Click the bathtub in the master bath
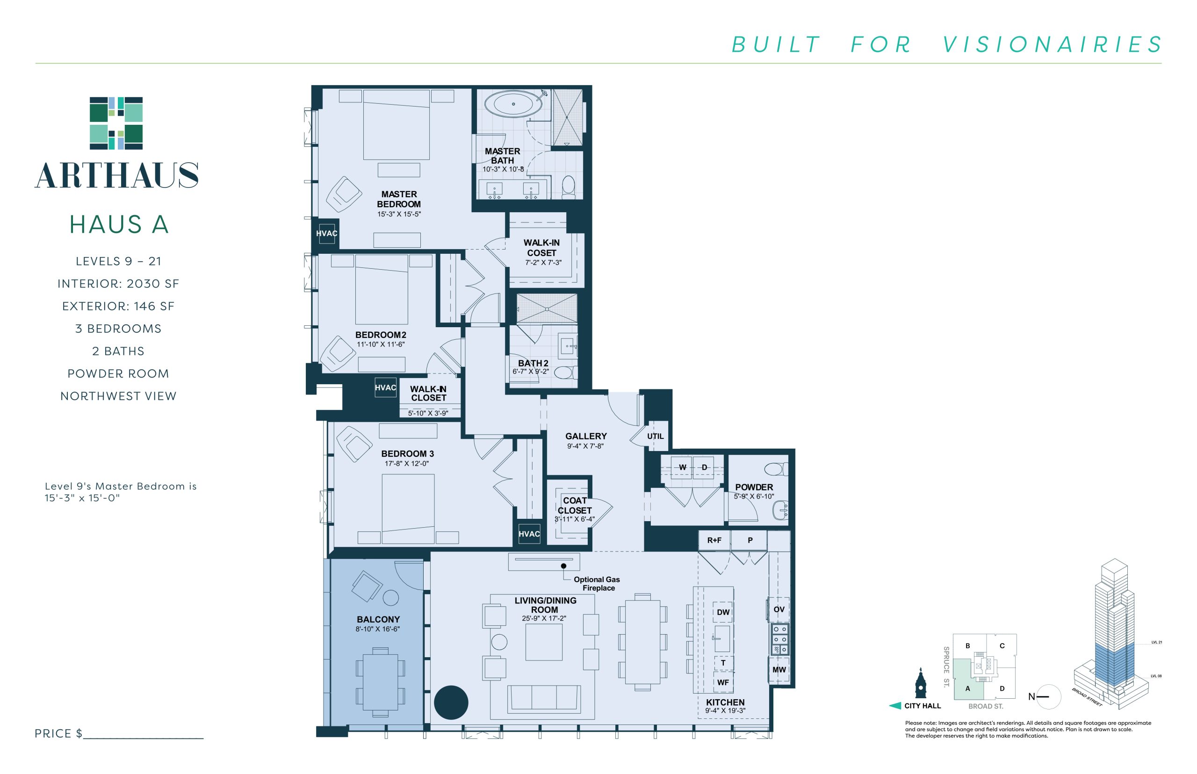513,104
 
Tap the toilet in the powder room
776,469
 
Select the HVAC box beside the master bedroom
326,233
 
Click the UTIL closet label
655,436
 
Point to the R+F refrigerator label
714,540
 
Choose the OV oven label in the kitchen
779,609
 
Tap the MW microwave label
779,669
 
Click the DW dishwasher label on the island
723,612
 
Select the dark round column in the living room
451,702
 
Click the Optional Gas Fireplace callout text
597,583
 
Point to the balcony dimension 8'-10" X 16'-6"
377,629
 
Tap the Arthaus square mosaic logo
116,123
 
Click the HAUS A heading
119,224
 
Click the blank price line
143,738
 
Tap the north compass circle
1049,696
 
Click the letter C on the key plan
1002,646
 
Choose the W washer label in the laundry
682,467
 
